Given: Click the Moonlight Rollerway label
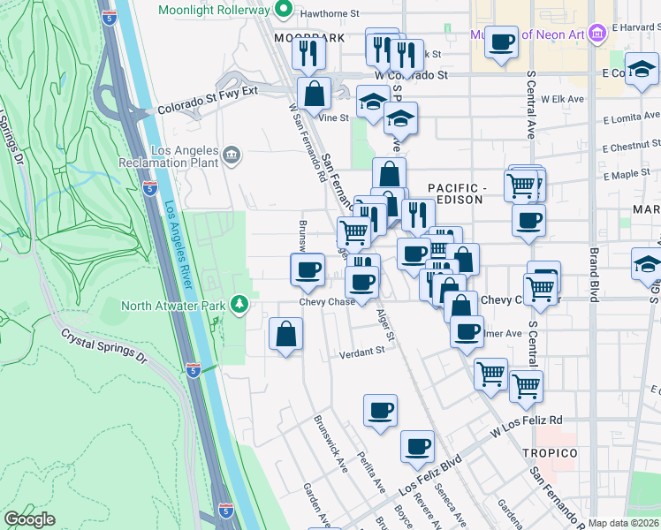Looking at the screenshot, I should click(215, 11).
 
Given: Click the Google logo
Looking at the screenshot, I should click(30, 519).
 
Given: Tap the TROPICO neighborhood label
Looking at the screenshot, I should click(549, 453).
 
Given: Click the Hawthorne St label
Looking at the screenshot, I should click(330, 14).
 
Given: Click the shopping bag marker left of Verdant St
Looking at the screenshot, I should click(285, 335).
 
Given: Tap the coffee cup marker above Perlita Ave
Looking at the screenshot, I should click(380, 411).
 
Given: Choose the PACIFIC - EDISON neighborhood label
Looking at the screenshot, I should click(456, 193).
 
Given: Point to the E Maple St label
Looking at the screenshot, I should click(627, 174).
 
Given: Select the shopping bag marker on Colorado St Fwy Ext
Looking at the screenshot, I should click(314, 92).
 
